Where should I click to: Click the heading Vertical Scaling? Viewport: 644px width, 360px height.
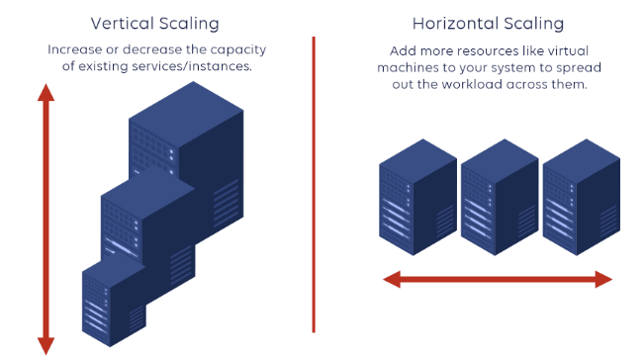tap(154, 23)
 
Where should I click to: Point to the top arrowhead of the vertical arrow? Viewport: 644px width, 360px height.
tap(45, 92)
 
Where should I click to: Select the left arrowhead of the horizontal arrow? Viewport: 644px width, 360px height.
tap(392, 279)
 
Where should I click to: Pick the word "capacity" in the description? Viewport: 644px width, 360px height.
tap(237, 49)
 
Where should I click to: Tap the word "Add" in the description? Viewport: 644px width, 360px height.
tap(400, 49)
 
